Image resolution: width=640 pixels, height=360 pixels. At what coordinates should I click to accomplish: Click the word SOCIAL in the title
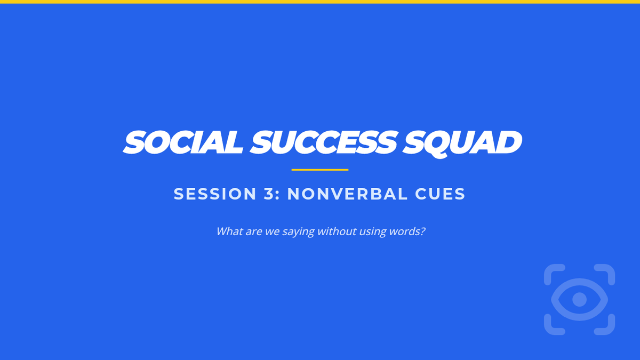coord(183,142)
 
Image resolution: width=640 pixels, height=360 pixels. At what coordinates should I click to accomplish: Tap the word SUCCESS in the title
coord(324,142)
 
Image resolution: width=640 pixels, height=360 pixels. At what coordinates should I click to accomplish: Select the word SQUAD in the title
coord(462,143)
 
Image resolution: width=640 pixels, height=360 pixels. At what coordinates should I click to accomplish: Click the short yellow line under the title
coord(320,170)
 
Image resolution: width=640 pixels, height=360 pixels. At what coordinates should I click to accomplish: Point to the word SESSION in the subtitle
coord(215,194)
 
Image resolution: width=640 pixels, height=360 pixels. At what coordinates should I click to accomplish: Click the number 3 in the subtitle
coord(269,194)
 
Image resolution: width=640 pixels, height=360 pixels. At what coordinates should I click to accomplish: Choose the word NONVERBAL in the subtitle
coord(347,194)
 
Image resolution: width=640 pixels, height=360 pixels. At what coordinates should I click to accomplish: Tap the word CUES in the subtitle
coord(441,194)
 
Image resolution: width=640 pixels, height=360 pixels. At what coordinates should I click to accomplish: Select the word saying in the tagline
coord(298,232)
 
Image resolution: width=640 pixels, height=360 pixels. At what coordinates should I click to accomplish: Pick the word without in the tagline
coord(337,231)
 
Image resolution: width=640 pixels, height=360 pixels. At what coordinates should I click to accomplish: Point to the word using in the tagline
coord(373,232)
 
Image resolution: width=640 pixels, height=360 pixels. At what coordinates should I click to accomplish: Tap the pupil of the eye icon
coord(579,299)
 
